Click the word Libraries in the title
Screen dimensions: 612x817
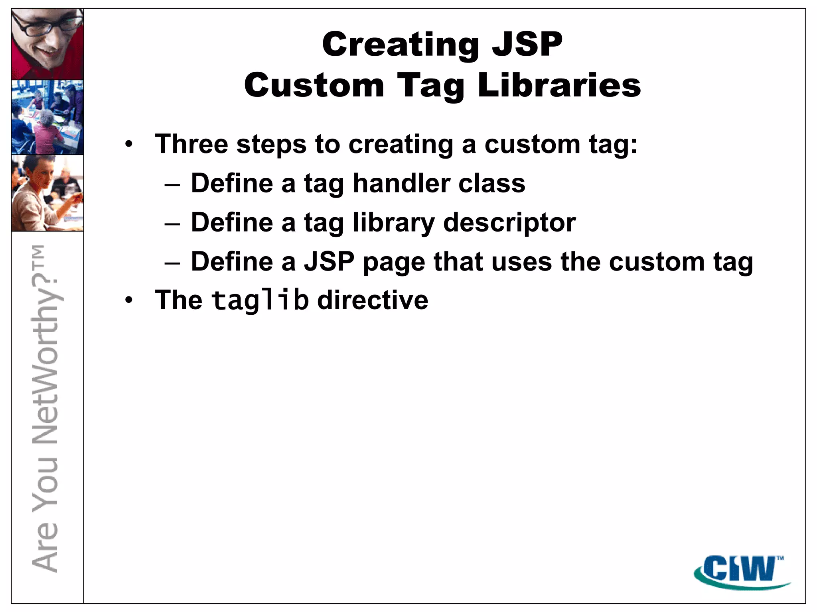[x=559, y=86]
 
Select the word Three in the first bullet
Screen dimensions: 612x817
[x=191, y=144]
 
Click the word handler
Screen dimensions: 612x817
[x=402, y=183]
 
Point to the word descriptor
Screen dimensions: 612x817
[x=509, y=222]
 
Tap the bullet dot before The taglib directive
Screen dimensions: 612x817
[x=128, y=300]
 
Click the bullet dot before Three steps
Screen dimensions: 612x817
[x=128, y=144]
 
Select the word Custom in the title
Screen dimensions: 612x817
[x=314, y=86]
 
